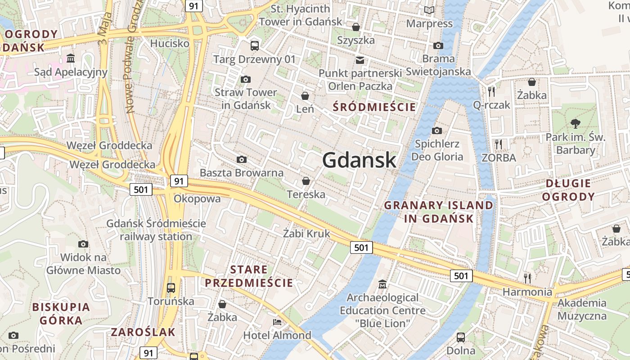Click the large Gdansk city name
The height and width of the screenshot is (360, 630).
click(x=359, y=160)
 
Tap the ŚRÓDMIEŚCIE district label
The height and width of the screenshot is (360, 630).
click(x=374, y=107)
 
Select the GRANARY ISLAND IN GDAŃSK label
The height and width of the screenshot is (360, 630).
click(x=438, y=212)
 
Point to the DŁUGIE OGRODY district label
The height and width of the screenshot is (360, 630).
click(x=568, y=190)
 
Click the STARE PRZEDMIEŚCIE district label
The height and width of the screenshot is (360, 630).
click(x=249, y=276)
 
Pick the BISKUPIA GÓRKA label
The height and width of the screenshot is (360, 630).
click(x=61, y=314)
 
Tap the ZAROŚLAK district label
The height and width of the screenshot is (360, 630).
click(x=143, y=333)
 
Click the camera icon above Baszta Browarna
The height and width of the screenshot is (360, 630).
click(x=242, y=160)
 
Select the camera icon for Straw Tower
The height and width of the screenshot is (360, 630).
click(x=245, y=80)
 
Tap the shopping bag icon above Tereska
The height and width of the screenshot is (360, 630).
click(x=306, y=181)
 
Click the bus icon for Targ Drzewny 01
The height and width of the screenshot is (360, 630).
click(x=255, y=45)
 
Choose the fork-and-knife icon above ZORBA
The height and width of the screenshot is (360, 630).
click(x=499, y=144)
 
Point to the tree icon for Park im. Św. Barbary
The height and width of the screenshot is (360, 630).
click(x=575, y=123)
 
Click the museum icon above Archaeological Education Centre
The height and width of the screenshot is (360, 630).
click(x=382, y=284)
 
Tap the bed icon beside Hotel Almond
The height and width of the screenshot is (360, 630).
click(x=277, y=322)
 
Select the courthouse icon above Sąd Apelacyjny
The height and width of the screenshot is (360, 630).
click(x=71, y=58)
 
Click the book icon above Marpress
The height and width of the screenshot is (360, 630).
click(x=429, y=10)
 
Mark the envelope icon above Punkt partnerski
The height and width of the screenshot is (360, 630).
click(x=360, y=60)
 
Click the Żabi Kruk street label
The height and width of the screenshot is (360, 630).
click(x=306, y=234)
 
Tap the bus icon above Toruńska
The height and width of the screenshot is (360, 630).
click(x=171, y=288)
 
